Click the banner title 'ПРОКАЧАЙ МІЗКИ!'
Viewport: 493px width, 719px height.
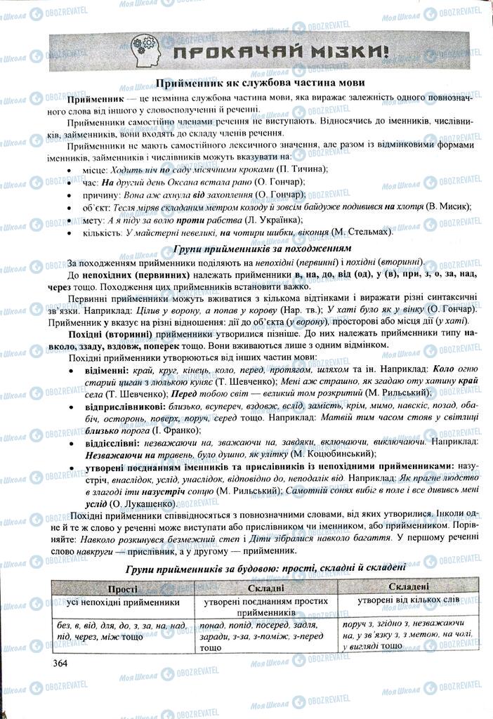click(280, 51)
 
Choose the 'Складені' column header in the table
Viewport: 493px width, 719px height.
click(407, 586)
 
